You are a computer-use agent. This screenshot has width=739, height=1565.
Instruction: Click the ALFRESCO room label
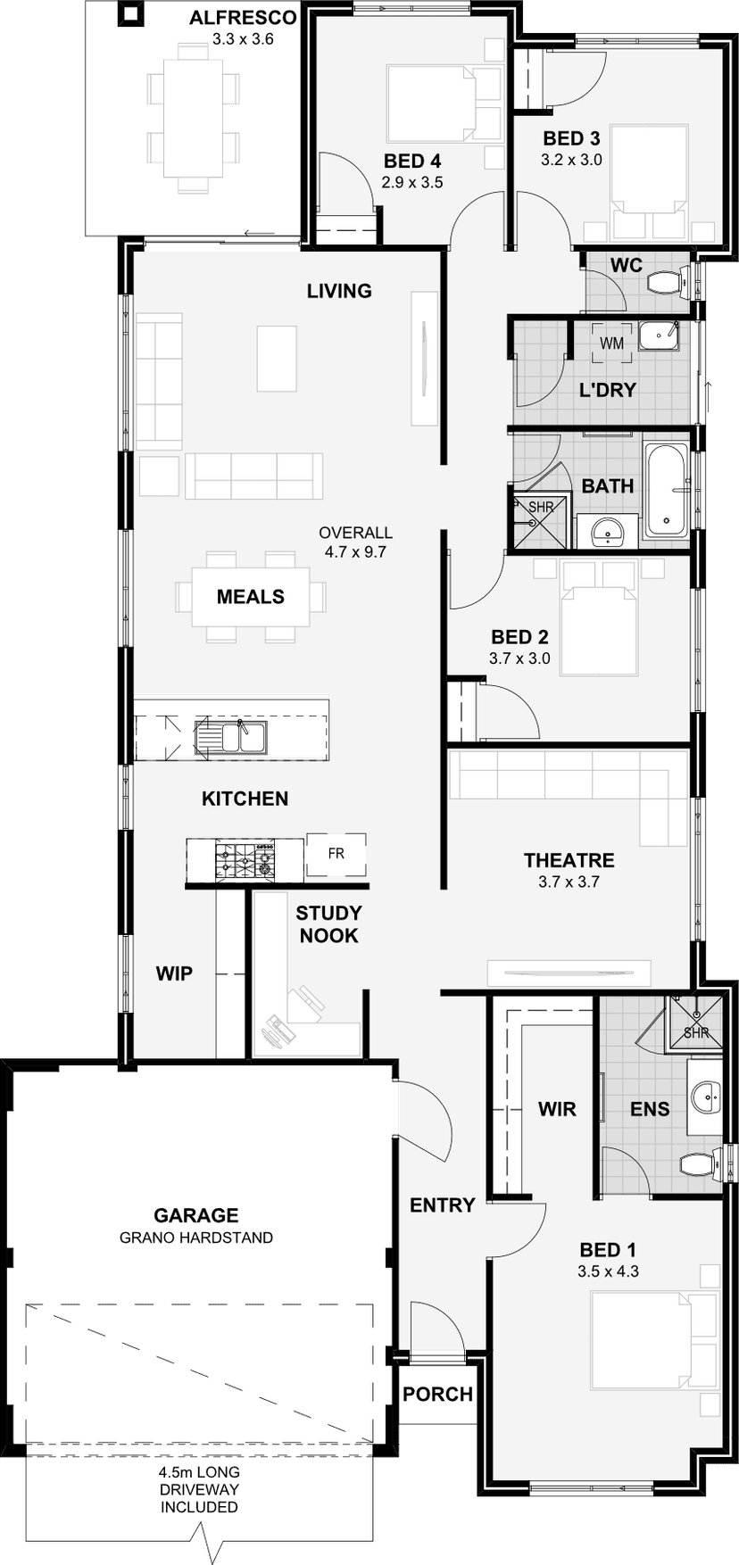pyautogui.click(x=243, y=18)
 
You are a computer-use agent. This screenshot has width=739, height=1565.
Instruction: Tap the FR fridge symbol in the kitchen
pyautogui.click(x=336, y=854)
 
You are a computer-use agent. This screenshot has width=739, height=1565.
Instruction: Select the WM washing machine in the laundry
pyautogui.click(x=611, y=344)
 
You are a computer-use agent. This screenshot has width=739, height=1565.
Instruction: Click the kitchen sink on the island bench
pyautogui.click(x=231, y=738)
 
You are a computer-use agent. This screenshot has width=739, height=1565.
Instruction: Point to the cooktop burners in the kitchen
pyautogui.click(x=244, y=859)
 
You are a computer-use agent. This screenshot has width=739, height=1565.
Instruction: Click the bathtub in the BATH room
pyautogui.click(x=666, y=490)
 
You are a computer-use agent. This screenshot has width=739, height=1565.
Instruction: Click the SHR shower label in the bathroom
pyautogui.click(x=541, y=507)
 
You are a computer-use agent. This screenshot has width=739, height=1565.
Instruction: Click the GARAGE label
pyautogui.click(x=196, y=1215)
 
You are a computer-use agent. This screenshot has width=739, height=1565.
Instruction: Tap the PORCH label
pyautogui.click(x=437, y=1394)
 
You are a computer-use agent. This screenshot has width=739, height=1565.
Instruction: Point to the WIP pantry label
pyautogui.click(x=174, y=973)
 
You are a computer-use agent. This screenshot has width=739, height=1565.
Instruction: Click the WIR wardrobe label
pyautogui.click(x=557, y=1109)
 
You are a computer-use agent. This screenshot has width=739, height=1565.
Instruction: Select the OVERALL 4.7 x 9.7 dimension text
pyautogui.click(x=355, y=542)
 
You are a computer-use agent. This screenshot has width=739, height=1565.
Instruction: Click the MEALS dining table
pyautogui.click(x=250, y=597)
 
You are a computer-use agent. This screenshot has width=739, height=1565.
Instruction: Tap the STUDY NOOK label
pyautogui.click(x=328, y=924)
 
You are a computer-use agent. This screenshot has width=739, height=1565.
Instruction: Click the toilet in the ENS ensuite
pyautogui.click(x=700, y=1164)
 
